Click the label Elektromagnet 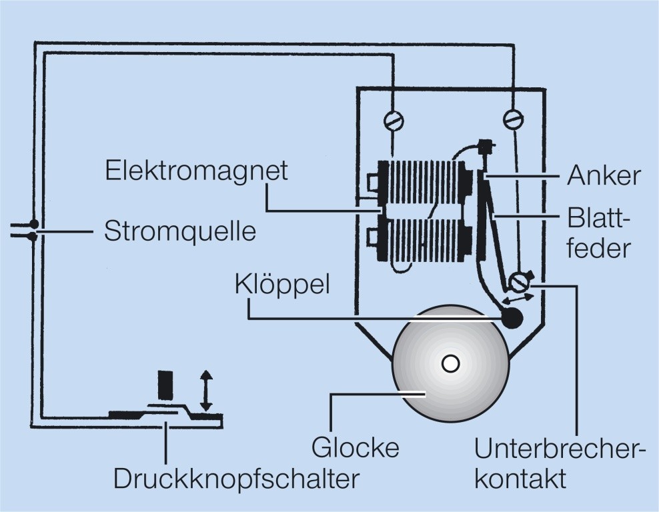(x=197, y=171)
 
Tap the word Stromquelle (x=180, y=232)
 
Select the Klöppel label (x=282, y=284)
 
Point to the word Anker (x=604, y=176)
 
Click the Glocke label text (x=356, y=447)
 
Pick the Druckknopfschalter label (x=236, y=479)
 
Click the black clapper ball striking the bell (x=512, y=319)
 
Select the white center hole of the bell (x=450, y=363)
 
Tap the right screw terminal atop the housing (x=513, y=119)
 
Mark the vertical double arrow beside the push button (x=206, y=391)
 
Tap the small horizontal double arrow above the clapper (x=518, y=299)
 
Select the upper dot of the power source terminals (x=33, y=224)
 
